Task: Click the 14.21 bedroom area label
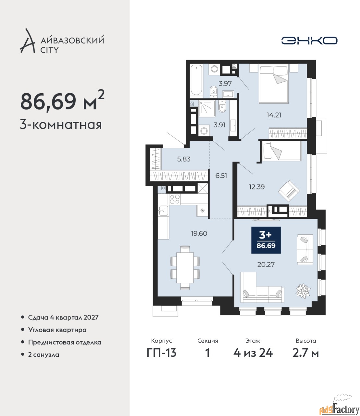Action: pyautogui.click(x=274, y=115)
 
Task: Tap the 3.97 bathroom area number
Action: pyautogui.click(x=225, y=84)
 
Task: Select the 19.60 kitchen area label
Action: pyautogui.click(x=199, y=233)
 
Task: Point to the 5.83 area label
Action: pyautogui.click(x=184, y=159)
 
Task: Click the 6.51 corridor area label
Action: pyautogui.click(x=221, y=176)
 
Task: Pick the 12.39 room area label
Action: pyautogui.click(x=257, y=187)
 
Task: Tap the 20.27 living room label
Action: pyautogui.click(x=266, y=265)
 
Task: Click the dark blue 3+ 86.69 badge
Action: pyautogui.click(x=266, y=240)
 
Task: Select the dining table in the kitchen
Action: pyautogui.click(x=185, y=268)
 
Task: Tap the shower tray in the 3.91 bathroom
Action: pyautogui.click(x=207, y=109)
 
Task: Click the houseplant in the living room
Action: pyautogui.click(x=303, y=290)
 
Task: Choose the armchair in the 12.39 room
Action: pyautogui.click(x=289, y=191)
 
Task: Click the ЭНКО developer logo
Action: pyautogui.click(x=309, y=40)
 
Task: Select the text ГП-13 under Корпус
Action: pyautogui.click(x=162, y=353)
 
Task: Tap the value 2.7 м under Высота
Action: pyautogui.click(x=306, y=353)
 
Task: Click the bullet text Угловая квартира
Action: pyautogui.click(x=57, y=330)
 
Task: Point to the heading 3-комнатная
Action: pyautogui.click(x=61, y=125)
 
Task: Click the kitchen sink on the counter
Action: pyautogui.click(x=163, y=211)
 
